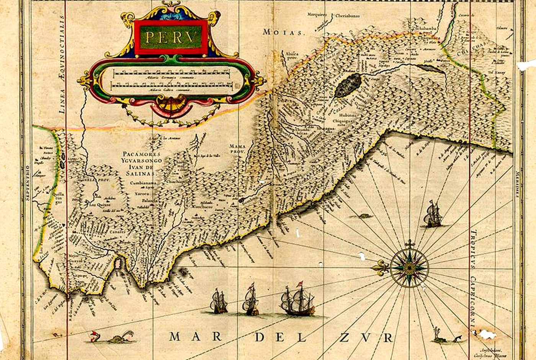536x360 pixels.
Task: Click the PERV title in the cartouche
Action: pyautogui.click(x=171, y=37)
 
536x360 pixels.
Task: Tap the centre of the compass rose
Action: pyautogui.click(x=409, y=268)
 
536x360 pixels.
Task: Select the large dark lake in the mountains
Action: pyautogui.click(x=348, y=85)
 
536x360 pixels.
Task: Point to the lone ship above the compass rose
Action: pyautogui.click(x=433, y=214)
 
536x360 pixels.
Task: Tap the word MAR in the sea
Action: pyautogui.click(x=196, y=337)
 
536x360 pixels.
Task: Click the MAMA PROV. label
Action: pyautogui.click(x=237, y=149)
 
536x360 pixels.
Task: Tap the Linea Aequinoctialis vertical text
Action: pyautogui.click(x=63, y=65)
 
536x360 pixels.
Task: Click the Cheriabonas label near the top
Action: pyautogui.click(x=347, y=16)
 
